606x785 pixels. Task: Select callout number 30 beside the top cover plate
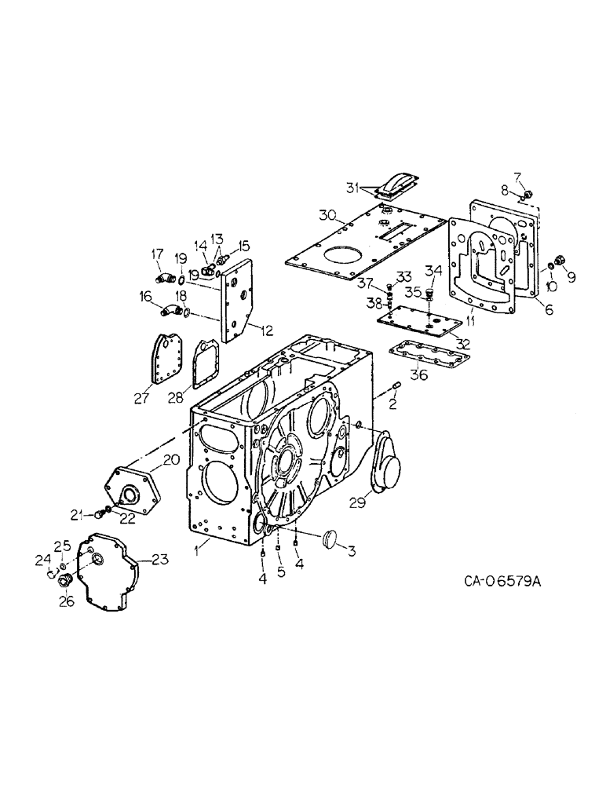(327, 215)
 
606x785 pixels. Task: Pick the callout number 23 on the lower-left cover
(160, 560)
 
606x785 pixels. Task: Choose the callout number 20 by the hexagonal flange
(171, 460)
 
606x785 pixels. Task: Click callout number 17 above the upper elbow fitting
(157, 254)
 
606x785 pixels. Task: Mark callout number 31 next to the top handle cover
(354, 186)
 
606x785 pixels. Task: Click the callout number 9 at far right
(571, 276)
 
